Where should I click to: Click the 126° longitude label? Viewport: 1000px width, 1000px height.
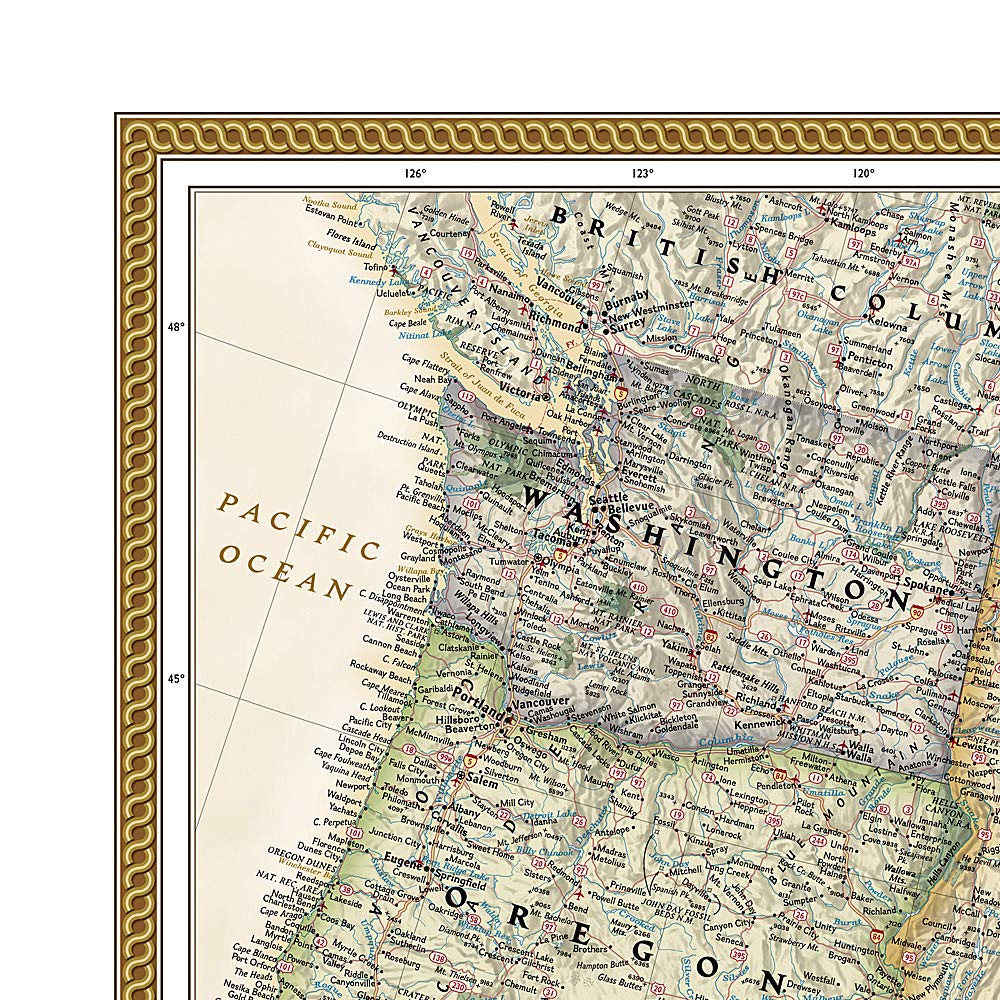(415, 173)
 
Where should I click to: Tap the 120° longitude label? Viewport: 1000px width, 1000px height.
(864, 173)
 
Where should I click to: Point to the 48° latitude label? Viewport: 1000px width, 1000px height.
(176, 327)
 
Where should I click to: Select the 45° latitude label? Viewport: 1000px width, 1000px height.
(176, 679)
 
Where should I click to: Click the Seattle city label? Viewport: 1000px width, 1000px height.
(609, 498)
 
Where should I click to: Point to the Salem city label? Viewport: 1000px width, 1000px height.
(482, 785)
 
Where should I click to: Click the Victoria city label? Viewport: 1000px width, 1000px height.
(520, 390)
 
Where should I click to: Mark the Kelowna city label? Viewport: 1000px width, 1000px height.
(887, 325)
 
